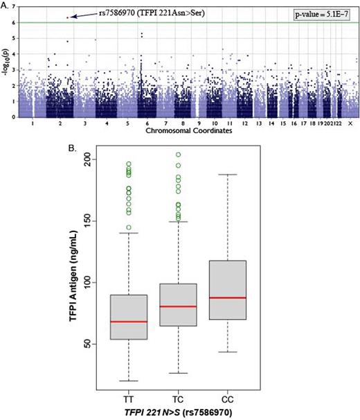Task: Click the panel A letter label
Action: pyautogui.click(x=5, y=4)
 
